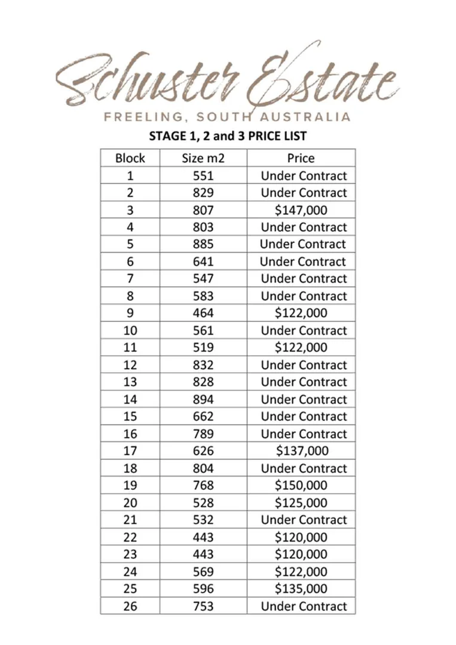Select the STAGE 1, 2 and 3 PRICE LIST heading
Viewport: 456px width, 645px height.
(x=228, y=136)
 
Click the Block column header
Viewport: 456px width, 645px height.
(x=130, y=158)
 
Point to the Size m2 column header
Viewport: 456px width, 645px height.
(x=203, y=158)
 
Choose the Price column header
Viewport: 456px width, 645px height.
(x=301, y=158)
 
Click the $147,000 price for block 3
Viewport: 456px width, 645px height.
(x=301, y=210)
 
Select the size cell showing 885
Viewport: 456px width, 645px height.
(x=203, y=244)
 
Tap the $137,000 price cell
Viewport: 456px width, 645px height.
(x=301, y=451)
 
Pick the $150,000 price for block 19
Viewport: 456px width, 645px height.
(x=301, y=486)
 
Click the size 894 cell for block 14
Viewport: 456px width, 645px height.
(x=203, y=399)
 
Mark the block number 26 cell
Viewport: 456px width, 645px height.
(x=130, y=606)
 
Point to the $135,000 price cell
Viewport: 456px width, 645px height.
(x=301, y=589)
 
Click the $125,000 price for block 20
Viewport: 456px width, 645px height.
(x=301, y=503)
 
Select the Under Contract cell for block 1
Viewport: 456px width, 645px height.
(x=304, y=176)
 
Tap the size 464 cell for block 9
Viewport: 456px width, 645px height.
(x=203, y=313)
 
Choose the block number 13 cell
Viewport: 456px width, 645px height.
(x=130, y=382)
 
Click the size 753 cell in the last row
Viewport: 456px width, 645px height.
(x=203, y=606)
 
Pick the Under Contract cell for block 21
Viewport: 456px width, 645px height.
(x=304, y=520)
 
